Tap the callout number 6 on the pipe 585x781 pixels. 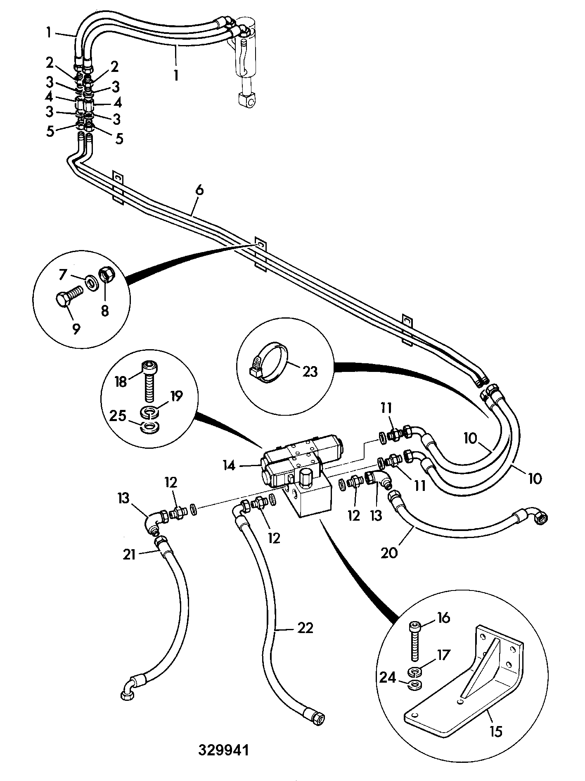coord(199,190)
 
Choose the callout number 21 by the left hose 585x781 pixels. coord(129,554)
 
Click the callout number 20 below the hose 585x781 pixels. coord(389,552)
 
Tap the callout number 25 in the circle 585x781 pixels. coord(117,415)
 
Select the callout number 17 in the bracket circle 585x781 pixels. coord(443,655)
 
